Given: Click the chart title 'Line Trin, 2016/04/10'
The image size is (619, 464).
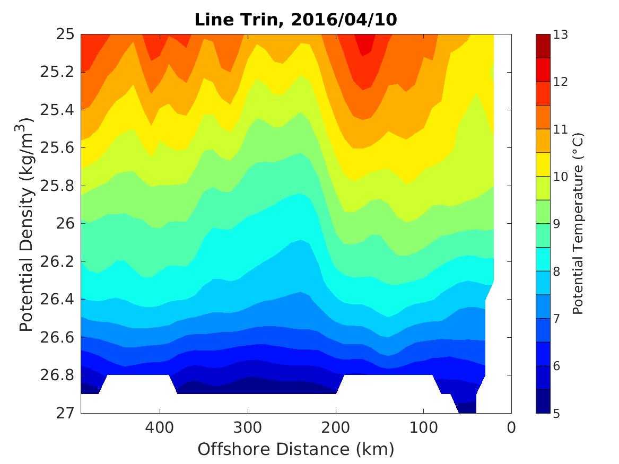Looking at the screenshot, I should tap(295, 20).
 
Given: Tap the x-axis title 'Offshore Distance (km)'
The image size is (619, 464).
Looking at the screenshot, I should tap(295, 449).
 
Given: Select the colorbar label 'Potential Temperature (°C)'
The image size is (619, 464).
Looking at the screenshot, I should tap(578, 224).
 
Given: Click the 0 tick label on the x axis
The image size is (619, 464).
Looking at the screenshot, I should tap(511, 427).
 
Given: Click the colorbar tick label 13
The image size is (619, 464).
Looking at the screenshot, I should tap(561, 36).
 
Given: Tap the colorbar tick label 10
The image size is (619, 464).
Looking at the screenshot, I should tap(561, 177).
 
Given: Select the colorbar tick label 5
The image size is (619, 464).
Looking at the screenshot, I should tap(557, 413).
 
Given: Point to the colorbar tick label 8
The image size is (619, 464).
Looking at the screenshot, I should tap(557, 271).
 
